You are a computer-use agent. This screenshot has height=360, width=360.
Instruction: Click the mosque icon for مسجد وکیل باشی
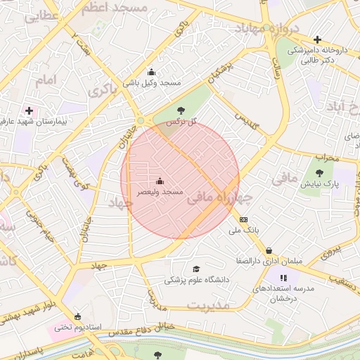[151, 72]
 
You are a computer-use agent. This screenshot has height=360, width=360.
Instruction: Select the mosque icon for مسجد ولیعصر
[159, 181]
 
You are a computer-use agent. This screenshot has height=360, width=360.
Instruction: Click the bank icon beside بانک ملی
[244, 219]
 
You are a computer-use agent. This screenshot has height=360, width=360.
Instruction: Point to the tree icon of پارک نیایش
[320, 173]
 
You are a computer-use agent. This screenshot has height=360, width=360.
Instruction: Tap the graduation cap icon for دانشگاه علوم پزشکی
[196, 269]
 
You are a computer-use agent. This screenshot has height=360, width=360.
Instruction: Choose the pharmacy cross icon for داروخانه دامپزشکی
[318, 40]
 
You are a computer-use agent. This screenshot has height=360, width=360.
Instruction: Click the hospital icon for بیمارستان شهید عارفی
[29, 110]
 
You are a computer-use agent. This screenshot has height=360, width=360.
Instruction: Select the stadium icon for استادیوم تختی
[77, 316]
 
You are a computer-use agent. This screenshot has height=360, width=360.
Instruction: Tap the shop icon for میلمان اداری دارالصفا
[269, 250]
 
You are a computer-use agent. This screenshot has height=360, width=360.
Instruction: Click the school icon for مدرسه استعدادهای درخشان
[285, 278]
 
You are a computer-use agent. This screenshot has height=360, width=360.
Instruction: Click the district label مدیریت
[209, 305]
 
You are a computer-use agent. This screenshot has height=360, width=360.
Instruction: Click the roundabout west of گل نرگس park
[141, 121]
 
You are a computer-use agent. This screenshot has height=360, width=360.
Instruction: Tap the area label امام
[44, 80]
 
